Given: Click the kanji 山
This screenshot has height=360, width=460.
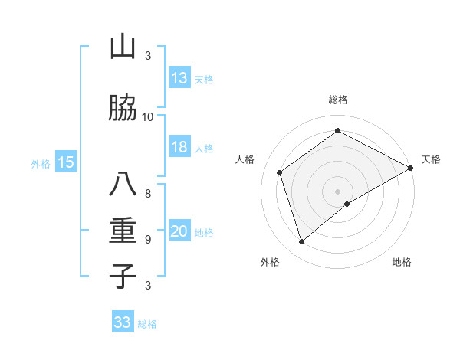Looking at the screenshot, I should pos(123,47).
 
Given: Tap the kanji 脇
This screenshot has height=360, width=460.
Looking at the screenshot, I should pos(123,109).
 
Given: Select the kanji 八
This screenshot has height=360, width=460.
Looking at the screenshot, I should pos(123,185).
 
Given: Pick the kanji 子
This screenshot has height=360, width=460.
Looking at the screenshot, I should pos(123,276).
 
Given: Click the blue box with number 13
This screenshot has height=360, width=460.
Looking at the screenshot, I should pos(179,78).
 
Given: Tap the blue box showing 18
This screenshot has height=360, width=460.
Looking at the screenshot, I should pos(179,147).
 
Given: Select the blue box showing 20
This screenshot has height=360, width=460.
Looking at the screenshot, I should pos(179,232).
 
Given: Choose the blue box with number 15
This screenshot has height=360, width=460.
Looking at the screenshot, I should pos(66,162).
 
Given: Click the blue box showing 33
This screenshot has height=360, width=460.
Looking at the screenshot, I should pos(123,322).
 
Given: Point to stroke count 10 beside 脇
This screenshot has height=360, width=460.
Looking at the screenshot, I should pos(148,117).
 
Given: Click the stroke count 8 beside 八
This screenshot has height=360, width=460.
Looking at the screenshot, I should pos(148,193).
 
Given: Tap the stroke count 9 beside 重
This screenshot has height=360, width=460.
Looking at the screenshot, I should pos(148,239).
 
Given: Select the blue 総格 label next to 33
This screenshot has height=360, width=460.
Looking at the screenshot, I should pos(147,324).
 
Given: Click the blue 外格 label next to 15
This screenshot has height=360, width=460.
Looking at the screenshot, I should pos(41,163).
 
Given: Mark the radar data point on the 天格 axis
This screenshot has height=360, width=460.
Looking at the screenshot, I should pos(411,168).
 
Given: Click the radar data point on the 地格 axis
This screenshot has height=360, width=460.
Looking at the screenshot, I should pos(347,204).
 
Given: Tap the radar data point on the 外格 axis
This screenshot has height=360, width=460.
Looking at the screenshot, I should pos(301,242).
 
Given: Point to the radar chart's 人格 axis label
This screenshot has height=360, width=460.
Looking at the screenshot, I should pos(245,159).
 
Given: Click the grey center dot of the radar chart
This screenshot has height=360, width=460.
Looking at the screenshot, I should pos(337,190).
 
